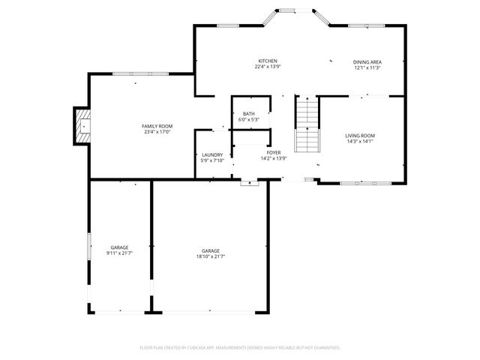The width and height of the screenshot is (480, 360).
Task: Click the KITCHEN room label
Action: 268,61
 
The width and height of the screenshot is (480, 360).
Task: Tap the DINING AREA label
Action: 367,61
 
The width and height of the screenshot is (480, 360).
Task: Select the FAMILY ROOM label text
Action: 157,126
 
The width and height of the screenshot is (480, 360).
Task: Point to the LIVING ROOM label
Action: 360,135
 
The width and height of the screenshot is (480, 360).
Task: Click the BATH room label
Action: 248,114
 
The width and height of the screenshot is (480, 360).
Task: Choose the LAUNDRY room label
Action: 212,154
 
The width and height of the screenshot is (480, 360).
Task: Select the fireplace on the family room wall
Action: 82,127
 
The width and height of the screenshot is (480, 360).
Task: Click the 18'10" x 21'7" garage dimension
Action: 210,256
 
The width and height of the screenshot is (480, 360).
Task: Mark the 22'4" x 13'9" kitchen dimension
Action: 268,67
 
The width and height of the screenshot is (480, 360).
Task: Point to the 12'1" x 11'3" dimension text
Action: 367,67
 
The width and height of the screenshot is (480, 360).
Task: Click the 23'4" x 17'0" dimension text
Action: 157,132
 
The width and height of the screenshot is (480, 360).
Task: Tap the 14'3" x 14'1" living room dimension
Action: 360,141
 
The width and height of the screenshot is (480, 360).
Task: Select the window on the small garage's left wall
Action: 89,247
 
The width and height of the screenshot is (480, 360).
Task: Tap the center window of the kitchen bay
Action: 287,10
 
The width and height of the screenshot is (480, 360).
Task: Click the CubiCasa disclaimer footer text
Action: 240,347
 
